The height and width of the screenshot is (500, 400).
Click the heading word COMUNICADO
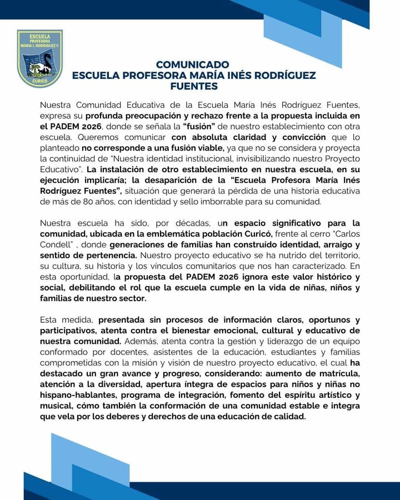point(192,64)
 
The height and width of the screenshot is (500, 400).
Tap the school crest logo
point(39,58)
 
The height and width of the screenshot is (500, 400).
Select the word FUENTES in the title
point(194,86)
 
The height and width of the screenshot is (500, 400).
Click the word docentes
point(132,352)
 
